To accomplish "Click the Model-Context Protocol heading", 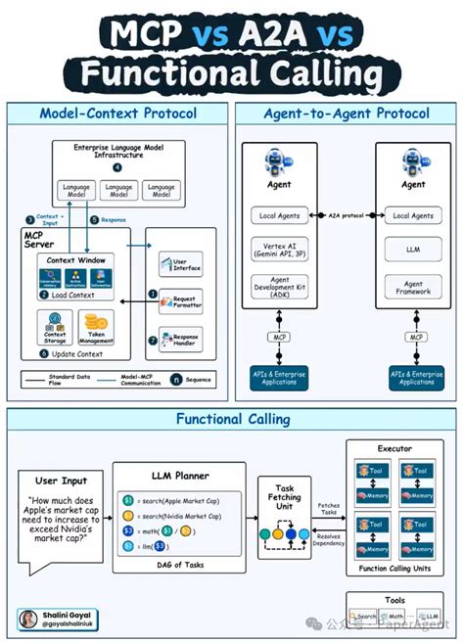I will [117, 113].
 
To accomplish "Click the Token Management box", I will [96, 325].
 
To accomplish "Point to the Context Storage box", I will [55, 326].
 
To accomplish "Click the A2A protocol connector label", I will [346, 213].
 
